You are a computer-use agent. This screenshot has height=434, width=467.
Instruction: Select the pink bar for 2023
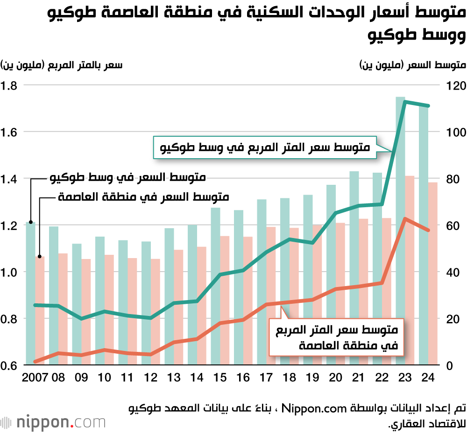pos(410,271)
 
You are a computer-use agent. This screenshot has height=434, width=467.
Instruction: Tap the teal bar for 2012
pos(146,303)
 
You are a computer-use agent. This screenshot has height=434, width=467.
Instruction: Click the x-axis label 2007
pos(34,378)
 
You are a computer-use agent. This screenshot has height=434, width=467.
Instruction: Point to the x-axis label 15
pos(219,378)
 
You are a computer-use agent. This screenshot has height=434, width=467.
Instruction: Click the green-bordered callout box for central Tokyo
pos(265,148)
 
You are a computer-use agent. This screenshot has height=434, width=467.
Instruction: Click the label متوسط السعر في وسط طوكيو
pos(128,178)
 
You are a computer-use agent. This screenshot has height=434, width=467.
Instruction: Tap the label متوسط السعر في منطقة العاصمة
pos(144,197)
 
